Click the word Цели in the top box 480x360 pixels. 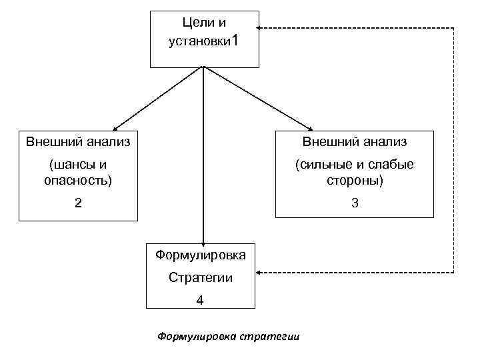click(x=193, y=23)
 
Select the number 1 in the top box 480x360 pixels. click(x=233, y=41)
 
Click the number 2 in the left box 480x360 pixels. click(x=79, y=203)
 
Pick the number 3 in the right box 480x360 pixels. click(x=355, y=203)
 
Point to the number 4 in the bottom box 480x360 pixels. click(x=200, y=301)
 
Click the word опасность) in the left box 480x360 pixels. click(x=78, y=180)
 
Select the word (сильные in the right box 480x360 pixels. click(x=319, y=164)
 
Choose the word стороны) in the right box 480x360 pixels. click(x=355, y=180)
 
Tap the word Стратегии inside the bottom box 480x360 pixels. click(x=200, y=277)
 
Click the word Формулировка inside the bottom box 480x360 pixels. click(x=200, y=255)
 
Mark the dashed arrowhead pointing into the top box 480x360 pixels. click(x=261, y=28)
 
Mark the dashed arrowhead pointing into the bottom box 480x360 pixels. click(x=261, y=272)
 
